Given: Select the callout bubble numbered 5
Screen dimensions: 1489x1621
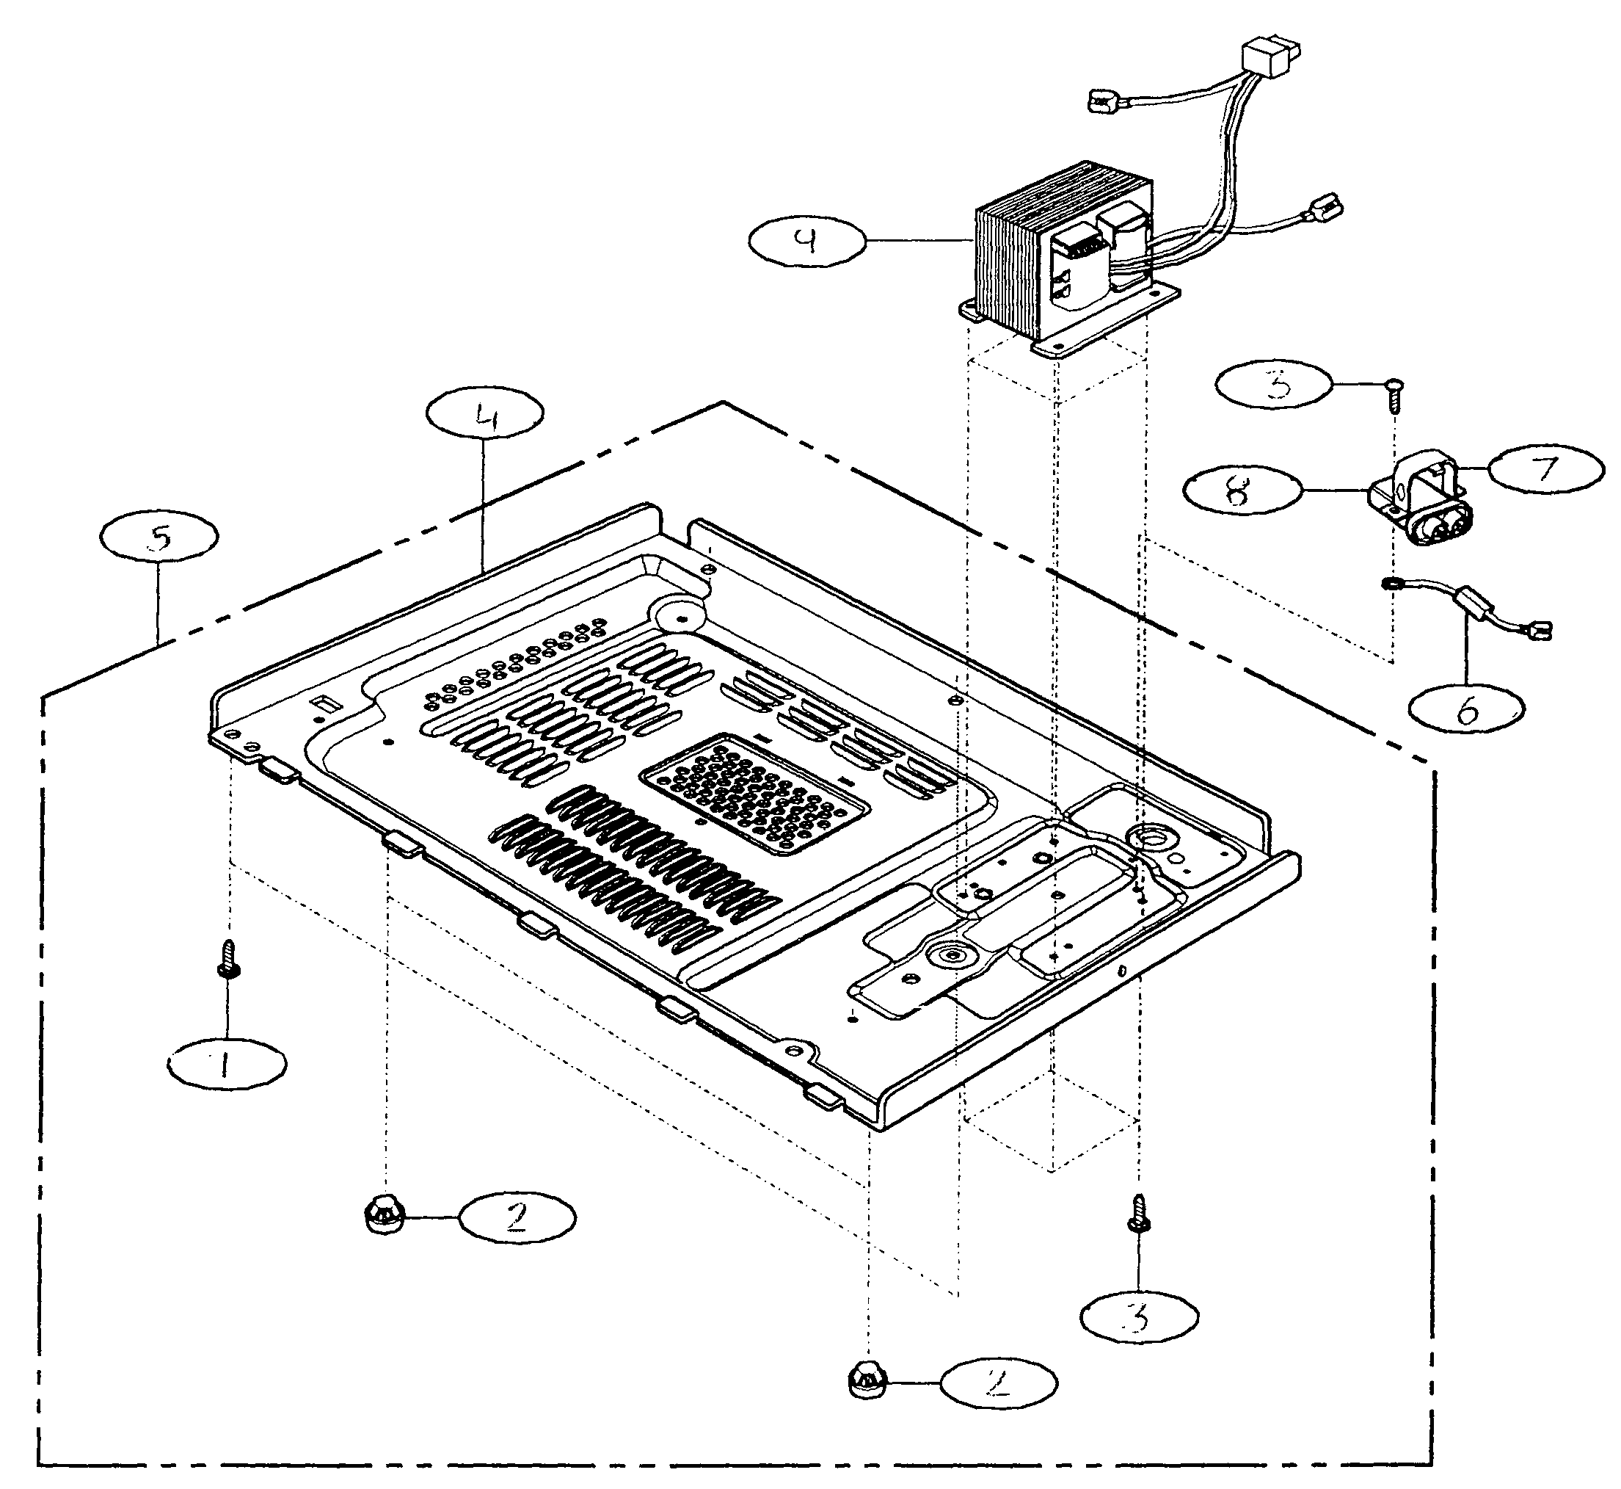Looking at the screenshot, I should tap(159, 537).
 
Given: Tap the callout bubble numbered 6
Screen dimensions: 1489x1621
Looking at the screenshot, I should tap(1466, 709).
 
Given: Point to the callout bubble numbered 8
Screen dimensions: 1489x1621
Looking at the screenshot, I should tap(1242, 489).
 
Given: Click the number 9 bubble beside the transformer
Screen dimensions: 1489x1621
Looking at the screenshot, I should tap(807, 240).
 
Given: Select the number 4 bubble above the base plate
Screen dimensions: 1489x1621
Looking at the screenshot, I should tap(485, 414).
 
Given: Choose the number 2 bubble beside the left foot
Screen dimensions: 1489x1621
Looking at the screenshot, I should tap(517, 1217).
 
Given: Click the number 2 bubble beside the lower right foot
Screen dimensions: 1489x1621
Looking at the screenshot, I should tap(998, 1384).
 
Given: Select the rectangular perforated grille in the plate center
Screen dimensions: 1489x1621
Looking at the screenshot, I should tap(755, 794).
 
